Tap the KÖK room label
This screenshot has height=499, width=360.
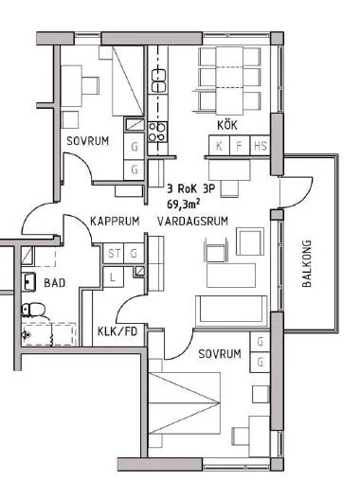226,125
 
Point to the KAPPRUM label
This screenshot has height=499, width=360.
116,221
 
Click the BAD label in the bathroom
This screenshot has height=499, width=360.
55,282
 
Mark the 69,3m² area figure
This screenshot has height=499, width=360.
186,204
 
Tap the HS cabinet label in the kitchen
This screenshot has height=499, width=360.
260,146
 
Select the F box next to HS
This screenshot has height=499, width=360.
239,146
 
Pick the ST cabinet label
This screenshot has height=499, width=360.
115,253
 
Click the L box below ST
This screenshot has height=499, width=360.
114,276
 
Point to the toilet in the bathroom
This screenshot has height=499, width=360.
35,309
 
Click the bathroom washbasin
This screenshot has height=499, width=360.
29,281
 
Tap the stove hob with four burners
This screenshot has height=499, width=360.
158,131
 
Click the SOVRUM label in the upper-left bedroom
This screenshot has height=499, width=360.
86,142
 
